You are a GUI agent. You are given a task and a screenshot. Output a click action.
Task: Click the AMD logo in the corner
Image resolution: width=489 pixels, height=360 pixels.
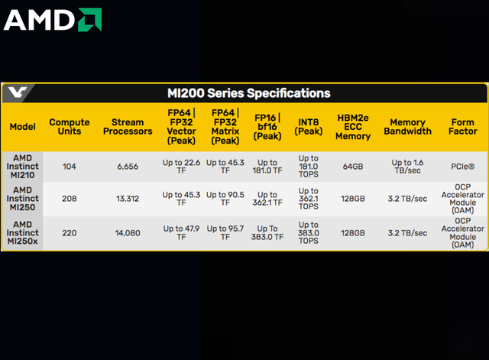[x=53, y=20]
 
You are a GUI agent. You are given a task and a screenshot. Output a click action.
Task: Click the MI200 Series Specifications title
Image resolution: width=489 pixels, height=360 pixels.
[x=249, y=93]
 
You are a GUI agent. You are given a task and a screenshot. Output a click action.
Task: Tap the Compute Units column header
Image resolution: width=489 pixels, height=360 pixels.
[x=70, y=127]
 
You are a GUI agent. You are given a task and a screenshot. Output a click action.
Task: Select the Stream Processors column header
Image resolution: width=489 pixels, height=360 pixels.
[x=128, y=127]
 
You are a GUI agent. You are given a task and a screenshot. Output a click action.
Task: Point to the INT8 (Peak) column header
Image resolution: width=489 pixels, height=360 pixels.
[x=309, y=127]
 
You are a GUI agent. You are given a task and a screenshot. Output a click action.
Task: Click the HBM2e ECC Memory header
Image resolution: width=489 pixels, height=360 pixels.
[x=353, y=127]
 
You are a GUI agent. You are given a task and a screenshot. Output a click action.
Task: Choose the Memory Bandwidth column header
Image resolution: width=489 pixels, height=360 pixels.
[x=407, y=127]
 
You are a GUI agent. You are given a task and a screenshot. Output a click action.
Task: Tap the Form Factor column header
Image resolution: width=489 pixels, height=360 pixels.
[x=463, y=127]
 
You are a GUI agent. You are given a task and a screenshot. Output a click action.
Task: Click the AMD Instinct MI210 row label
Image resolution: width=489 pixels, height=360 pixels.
[x=22, y=167]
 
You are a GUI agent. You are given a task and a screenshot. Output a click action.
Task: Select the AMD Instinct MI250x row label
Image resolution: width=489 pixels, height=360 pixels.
[x=22, y=233]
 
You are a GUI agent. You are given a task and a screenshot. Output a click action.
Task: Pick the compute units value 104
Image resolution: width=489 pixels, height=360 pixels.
[x=70, y=167]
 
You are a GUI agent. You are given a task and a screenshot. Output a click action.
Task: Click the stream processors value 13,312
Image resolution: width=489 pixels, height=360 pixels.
[x=128, y=199]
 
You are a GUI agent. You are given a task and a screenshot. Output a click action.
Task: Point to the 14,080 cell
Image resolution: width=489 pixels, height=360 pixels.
[x=128, y=233]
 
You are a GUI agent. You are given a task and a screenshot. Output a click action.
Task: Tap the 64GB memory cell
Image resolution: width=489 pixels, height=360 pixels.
[x=353, y=167]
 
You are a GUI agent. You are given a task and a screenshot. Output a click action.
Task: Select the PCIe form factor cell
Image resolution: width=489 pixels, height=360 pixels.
[x=463, y=167]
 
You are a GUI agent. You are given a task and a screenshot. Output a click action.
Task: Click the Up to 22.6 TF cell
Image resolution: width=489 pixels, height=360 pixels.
[x=181, y=167]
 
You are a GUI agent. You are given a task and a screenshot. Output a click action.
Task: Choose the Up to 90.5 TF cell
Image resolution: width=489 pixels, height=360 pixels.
[x=225, y=199]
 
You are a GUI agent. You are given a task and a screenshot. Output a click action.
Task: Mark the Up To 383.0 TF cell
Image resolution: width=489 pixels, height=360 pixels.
[x=267, y=233]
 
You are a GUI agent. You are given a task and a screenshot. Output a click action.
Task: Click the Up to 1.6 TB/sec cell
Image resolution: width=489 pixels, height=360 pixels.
[x=407, y=167]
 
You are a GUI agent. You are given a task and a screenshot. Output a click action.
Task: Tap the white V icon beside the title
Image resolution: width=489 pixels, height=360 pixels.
[x=18, y=92]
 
